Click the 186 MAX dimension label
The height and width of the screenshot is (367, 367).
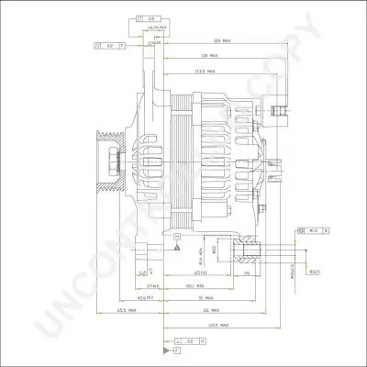(219, 42)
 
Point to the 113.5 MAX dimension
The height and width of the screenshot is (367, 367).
(205, 69)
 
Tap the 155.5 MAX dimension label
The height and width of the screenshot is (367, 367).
(217, 326)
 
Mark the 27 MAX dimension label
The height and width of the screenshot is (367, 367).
(152, 286)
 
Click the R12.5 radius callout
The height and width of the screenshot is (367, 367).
(315, 272)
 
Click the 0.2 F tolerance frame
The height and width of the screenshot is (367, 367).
(108, 44)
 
